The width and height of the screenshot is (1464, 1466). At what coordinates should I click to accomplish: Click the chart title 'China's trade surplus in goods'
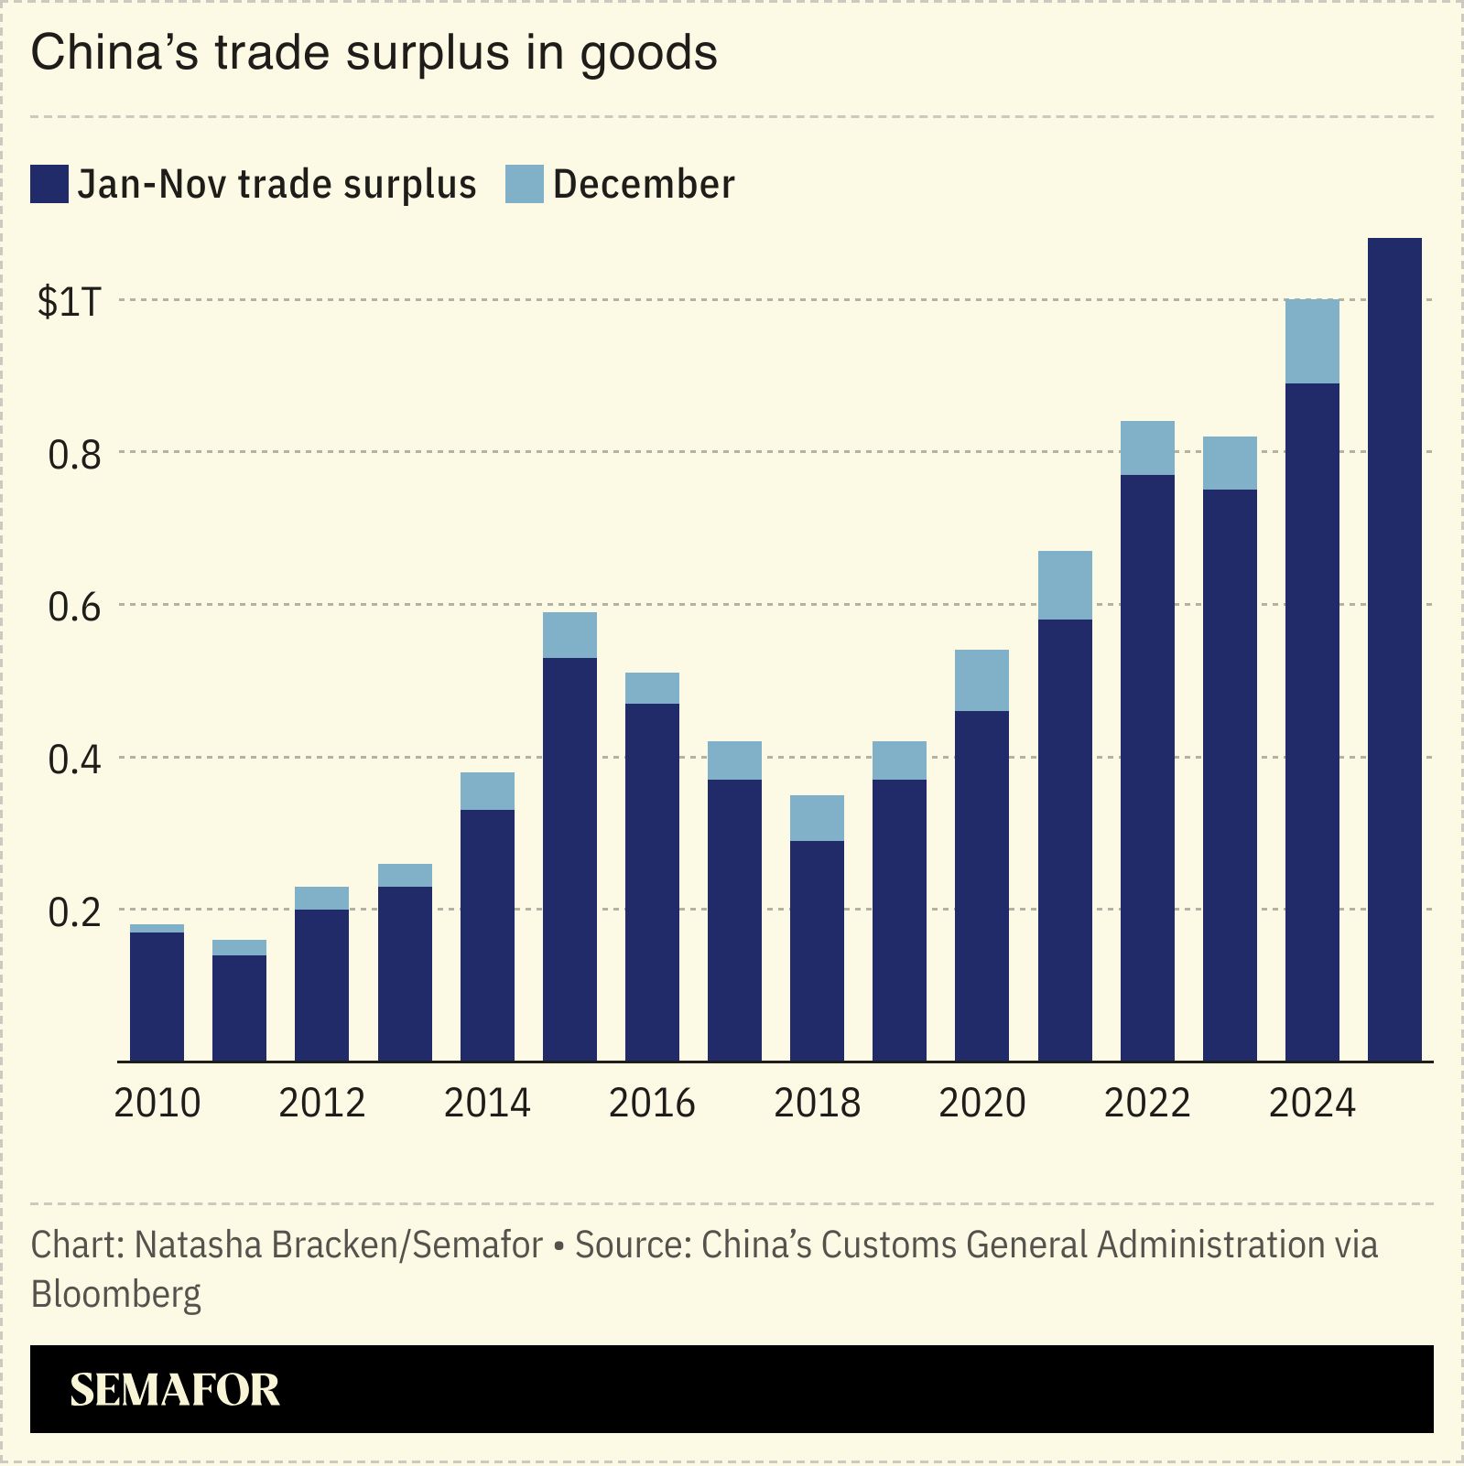pos(374,53)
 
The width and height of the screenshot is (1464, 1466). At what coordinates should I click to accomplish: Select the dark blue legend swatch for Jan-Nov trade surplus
pos(49,184)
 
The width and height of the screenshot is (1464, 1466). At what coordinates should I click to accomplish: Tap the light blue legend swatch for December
pos(525,184)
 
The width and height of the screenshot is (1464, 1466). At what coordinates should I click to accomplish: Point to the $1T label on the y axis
pos(68,302)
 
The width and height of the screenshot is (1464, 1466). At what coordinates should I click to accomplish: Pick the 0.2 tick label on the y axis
pos(74,912)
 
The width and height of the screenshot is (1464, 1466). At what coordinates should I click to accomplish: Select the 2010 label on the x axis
pos(157,1103)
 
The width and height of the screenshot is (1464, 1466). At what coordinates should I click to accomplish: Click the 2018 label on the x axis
pos(817,1103)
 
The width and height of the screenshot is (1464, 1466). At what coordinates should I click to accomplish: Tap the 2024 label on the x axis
pos(1311,1103)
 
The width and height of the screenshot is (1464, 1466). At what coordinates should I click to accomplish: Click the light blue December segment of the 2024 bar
pos(1312,341)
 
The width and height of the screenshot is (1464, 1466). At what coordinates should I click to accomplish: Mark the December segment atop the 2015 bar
pos(569,635)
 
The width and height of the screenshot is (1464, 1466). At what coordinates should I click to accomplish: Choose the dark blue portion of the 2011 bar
pos(239,1007)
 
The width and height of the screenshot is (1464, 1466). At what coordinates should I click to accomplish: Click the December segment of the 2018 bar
pos(817,818)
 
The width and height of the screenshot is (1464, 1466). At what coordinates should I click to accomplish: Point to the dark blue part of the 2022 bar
pos(1147,769)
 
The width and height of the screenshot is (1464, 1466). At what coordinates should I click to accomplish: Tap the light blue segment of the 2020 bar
pos(981,680)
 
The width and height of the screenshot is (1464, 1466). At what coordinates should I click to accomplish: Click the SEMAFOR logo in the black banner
pos(174,1389)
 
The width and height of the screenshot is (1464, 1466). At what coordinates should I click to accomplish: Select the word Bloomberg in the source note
pos(116,1294)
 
